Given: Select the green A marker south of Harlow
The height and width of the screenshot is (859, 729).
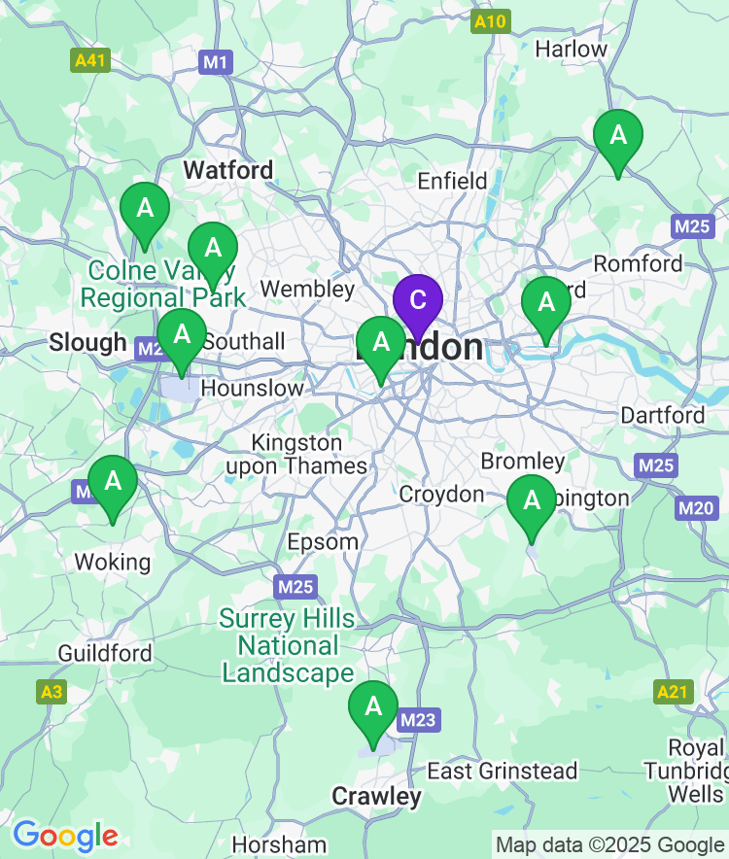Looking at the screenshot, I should pyautogui.click(x=618, y=137).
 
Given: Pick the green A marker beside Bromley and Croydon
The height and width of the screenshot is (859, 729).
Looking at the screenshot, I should pyautogui.click(x=532, y=501).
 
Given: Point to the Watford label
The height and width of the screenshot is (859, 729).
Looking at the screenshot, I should pyautogui.click(x=228, y=170).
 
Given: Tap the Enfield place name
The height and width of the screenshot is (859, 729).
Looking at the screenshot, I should pyautogui.click(x=452, y=181).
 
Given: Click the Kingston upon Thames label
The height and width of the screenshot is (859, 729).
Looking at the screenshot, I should pyautogui.click(x=296, y=455).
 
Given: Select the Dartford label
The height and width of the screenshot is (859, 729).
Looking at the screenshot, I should pyautogui.click(x=663, y=415).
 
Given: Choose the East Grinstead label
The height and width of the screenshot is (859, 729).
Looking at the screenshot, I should pyautogui.click(x=503, y=772).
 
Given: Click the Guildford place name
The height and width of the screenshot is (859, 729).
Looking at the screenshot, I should pyautogui.click(x=105, y=653).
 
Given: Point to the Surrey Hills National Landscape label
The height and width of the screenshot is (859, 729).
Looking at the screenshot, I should pyautogui.click(x=288, y=645).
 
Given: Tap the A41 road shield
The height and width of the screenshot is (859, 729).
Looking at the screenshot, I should pyautogui.click(x=91, y=60).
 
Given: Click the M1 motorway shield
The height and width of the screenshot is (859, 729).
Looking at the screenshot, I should pyautogui.click(x=216, y=63).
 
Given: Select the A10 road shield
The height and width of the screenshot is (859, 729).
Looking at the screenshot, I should pyautogui.click(x=490, y=22).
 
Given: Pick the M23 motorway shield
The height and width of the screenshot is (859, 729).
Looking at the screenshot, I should pyautogui.click(x=418, y=720).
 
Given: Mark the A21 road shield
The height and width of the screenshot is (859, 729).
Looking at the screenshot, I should pyautogui.click(x=673, y=692).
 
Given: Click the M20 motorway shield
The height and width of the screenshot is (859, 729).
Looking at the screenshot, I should pyautogui.click(x=696, y=507).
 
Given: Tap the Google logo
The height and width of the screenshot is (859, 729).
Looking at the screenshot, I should pyautogui.click(x=65, y=835).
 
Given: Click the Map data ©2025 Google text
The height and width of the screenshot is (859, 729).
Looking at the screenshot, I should pyautogui.click(x=609, y=844).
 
